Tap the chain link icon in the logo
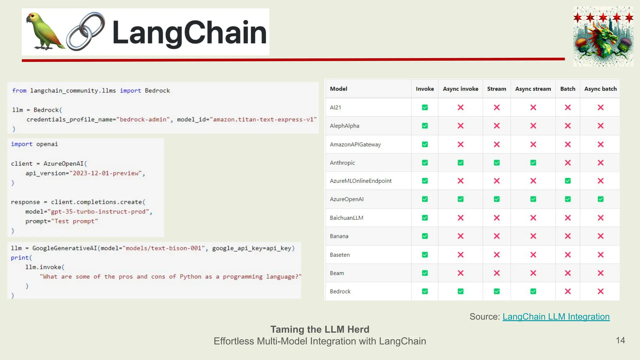(86, 31)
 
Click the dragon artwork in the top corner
(603, 37)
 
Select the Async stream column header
(533, 89)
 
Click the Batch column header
(567, 89)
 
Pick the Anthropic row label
(342, 163)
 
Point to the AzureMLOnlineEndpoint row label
(361, 181)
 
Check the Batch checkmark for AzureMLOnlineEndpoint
(568, 181)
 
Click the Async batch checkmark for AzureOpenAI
(601, 199)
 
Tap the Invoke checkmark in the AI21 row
(425, 107)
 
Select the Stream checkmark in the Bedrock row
(497, 291)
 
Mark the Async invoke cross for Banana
(460, 236)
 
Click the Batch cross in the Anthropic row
(568, 163)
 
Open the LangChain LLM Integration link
(556, 317)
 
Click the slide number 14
(620, 340)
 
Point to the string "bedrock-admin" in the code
(143, 119)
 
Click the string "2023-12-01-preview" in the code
(106, 173)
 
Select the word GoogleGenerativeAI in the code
(65, 248)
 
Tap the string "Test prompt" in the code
(74, 221)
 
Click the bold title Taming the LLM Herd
(320, 329)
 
